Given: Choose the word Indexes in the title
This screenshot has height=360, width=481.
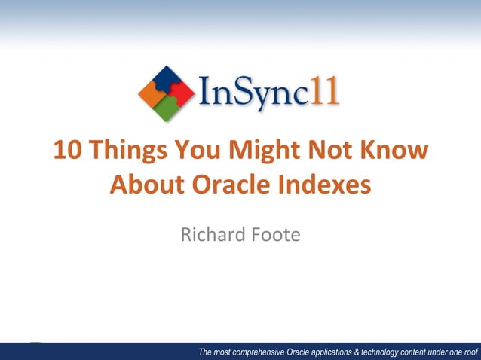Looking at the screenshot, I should [x=332, y=184].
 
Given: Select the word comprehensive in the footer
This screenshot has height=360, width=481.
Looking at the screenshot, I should [x=258, y=352].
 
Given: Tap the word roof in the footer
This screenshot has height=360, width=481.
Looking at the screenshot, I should [x=469, y=352].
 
